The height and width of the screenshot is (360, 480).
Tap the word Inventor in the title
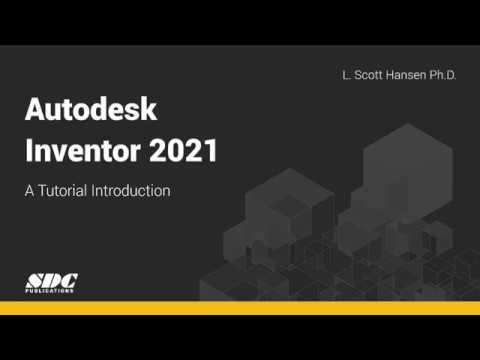(75, 152)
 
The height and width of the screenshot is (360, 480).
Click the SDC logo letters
(51, 280)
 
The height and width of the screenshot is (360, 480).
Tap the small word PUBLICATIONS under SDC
(51, 291)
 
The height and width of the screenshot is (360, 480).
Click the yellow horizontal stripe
(240, 307)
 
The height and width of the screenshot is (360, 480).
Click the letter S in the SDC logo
(34, 280)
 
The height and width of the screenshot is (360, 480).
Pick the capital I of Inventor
(27, 152)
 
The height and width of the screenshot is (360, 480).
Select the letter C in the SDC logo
(68, 280)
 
